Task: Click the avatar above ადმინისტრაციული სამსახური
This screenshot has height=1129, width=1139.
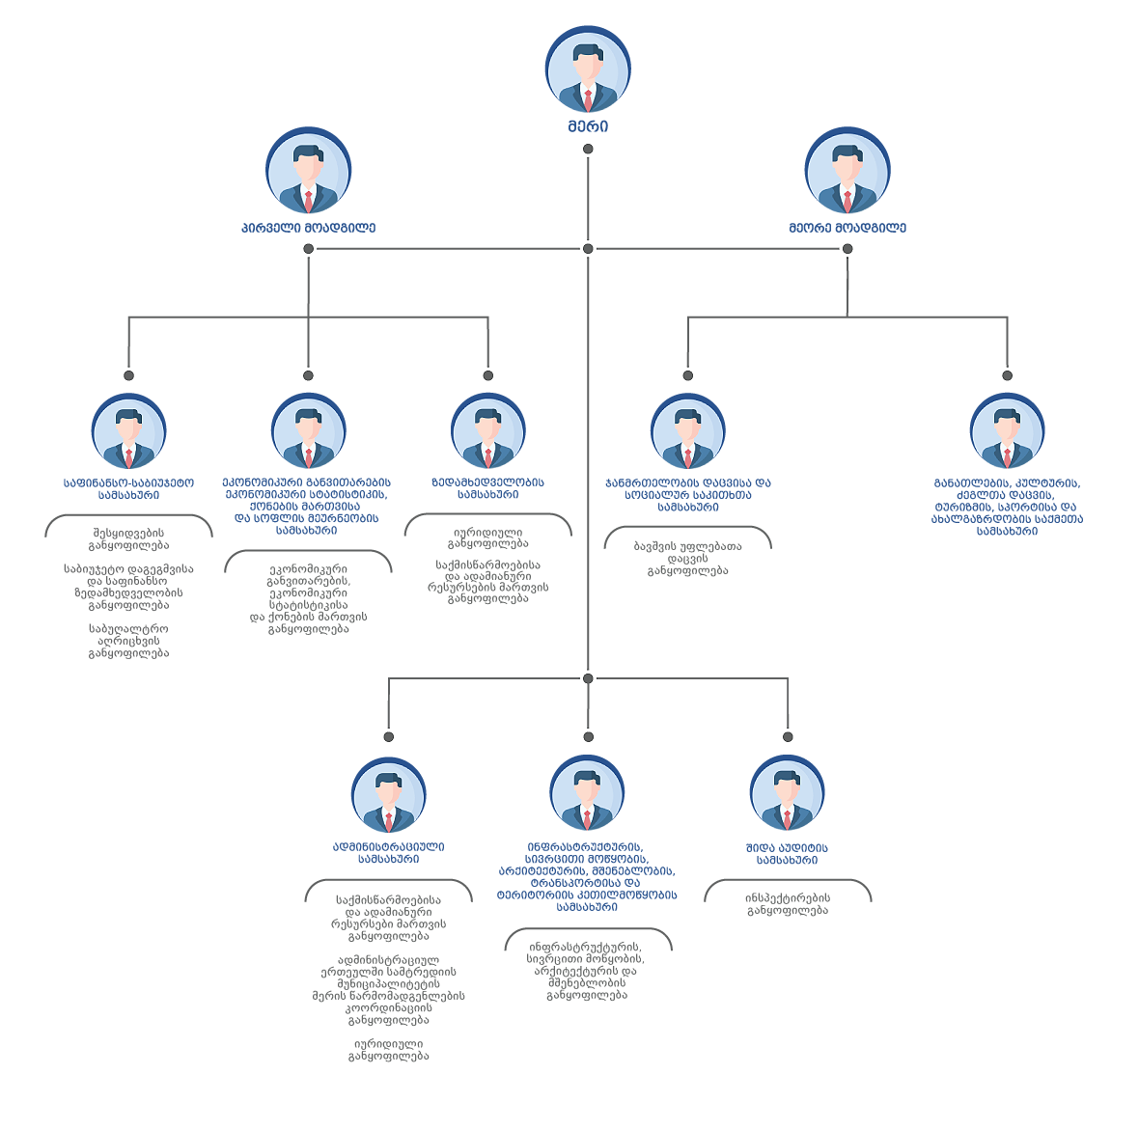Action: (388, 796)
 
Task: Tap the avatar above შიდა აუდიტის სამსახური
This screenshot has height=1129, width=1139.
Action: (787, 794)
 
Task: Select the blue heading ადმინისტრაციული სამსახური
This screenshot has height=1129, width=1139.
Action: (388, 852)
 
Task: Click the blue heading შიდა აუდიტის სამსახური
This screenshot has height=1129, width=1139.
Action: (787, 854)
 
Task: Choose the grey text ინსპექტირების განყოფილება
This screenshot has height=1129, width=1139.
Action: (787, 904)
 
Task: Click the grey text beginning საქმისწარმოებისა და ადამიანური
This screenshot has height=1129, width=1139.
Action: (388, 918)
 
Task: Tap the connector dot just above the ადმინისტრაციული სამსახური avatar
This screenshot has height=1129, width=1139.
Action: (388, 737)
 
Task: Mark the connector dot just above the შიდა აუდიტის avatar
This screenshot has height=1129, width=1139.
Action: (787, 737)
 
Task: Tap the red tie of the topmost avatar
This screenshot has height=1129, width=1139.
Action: (588, 98)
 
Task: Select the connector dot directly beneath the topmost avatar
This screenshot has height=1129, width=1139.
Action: (588, 150)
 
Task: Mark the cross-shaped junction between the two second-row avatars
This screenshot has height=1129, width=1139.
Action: (588, 248)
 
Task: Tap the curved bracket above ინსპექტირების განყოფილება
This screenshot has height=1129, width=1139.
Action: (787, 882)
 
